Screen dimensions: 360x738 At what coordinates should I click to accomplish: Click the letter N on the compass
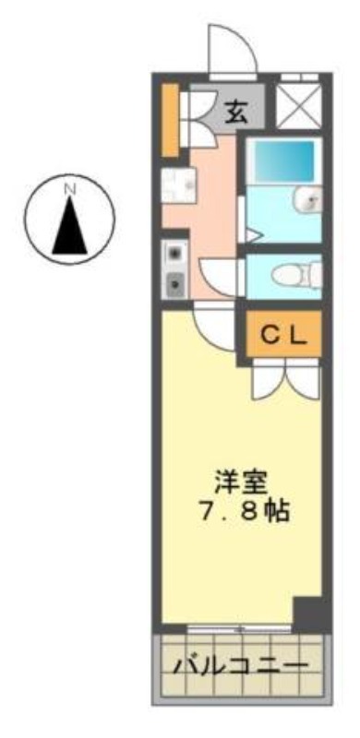(x=70, y=189)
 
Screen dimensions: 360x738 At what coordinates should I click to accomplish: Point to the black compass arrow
(x=70, y=225)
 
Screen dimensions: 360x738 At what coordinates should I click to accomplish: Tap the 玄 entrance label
(x=235, y=112)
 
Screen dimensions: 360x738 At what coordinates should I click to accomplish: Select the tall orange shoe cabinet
(x=170, y=120)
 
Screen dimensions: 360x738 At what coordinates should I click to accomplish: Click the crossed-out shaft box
(x=298, y=106)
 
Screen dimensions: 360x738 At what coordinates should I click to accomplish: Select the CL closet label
(x=283, y=336)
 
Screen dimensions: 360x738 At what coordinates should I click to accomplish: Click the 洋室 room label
(x=240, y=483)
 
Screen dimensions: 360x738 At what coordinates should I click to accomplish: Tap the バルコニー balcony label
(x=241, y=666)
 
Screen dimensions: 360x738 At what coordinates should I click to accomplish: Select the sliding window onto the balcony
(x=239, y=629)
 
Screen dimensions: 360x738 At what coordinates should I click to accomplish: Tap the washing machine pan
(x=178, y=185)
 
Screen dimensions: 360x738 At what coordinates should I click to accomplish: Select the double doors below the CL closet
(x=286, y=381)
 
